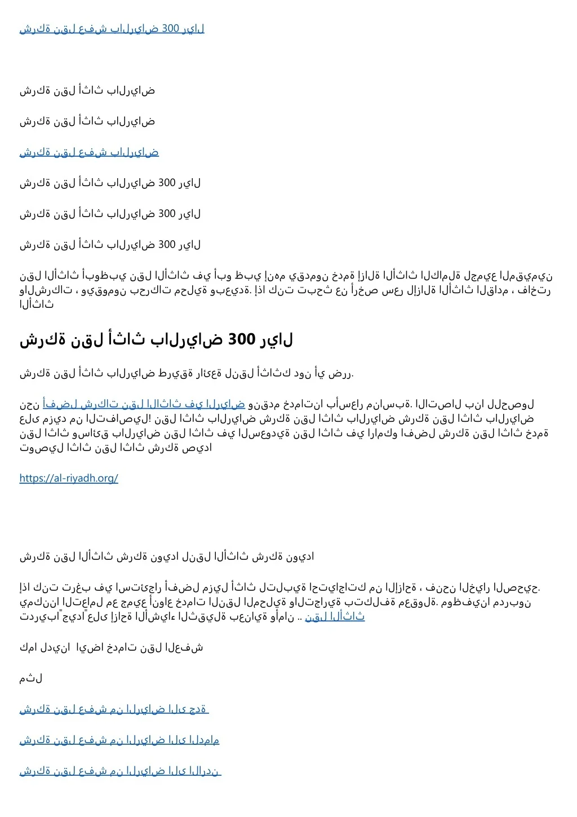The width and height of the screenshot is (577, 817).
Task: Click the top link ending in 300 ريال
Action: click(x=112, y=28)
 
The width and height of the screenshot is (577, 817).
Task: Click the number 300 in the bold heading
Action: click(x=242, y=339)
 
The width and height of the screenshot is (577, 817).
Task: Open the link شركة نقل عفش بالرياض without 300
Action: click(x=89, y=152)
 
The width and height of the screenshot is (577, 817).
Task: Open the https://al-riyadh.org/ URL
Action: click(x=69, y=478)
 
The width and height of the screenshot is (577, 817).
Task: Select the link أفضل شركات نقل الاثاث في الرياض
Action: click(x=144, y=404)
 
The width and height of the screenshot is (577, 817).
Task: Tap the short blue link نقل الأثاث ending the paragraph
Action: click(x=335, y=617)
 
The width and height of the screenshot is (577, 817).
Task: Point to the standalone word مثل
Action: click(x=31, y=678)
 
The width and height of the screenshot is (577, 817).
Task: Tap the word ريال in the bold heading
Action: click(x=276, y=339)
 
